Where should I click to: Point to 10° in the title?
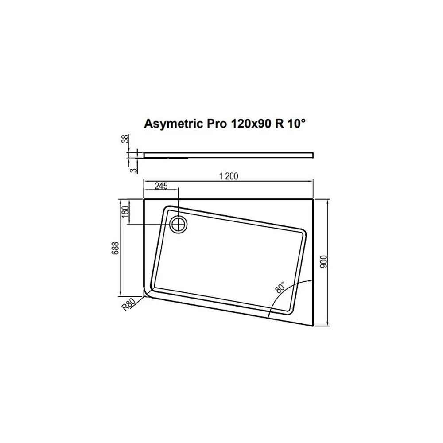click(x=297, y=123)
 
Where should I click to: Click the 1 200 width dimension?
click(x=228, y=176)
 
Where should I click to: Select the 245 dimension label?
click(x=161, y=186)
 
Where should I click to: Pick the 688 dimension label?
click(x=115, y=249)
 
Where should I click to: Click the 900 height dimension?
click(x=324, y=262)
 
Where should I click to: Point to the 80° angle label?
click(x=280, y=287)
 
